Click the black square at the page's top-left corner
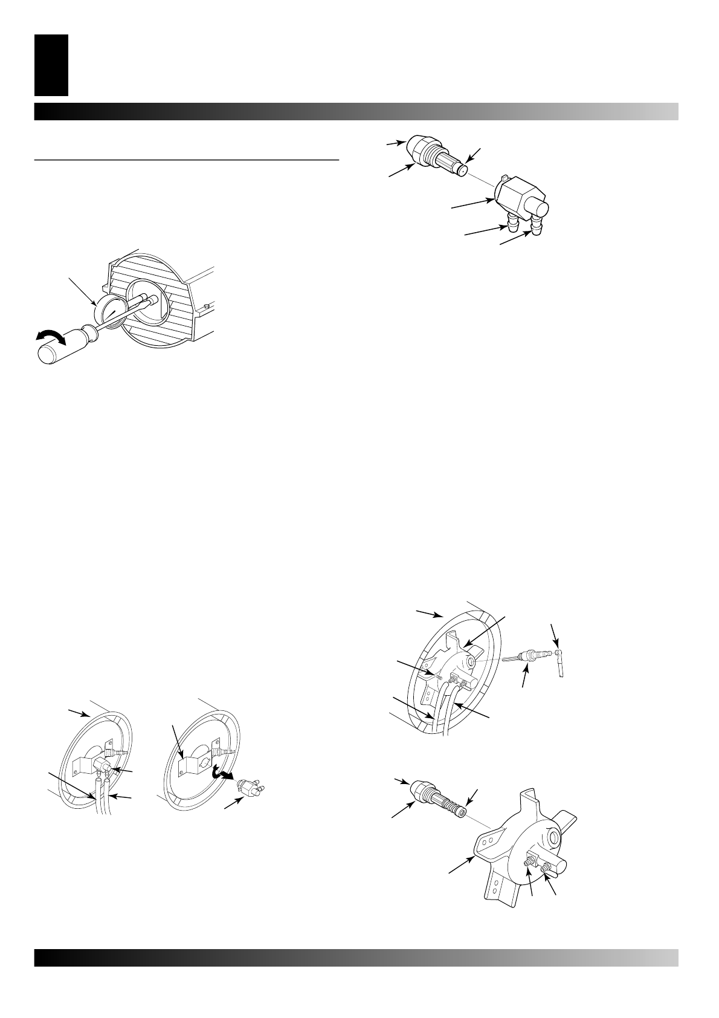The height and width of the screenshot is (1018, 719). click(x=51, y=65)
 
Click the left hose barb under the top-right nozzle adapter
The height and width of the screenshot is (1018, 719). click(x=512, y=225)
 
